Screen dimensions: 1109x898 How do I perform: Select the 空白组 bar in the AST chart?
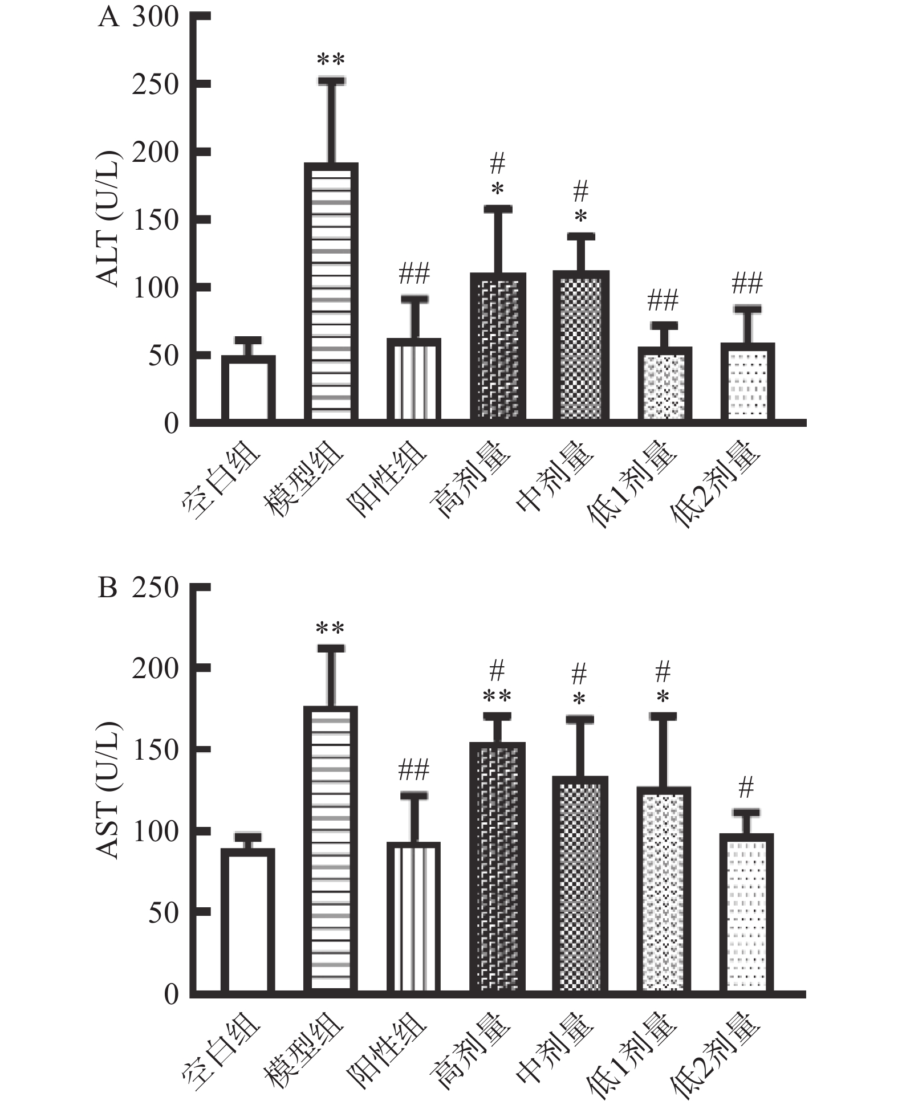point(248,921)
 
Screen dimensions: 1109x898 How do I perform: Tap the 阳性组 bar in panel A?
point(414,380)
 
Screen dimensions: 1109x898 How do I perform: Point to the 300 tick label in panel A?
point(155,18)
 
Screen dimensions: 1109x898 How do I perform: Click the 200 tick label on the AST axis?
point(155,668)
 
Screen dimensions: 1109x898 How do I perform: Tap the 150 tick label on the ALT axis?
point(155,220)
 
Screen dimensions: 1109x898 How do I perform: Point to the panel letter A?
point(108,18)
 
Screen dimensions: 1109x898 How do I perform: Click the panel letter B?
point(108,588)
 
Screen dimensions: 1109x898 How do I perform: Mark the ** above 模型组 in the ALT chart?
point(331,59)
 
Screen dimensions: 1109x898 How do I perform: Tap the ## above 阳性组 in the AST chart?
point(413,770)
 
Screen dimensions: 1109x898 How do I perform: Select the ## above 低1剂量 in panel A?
point(663,300)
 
